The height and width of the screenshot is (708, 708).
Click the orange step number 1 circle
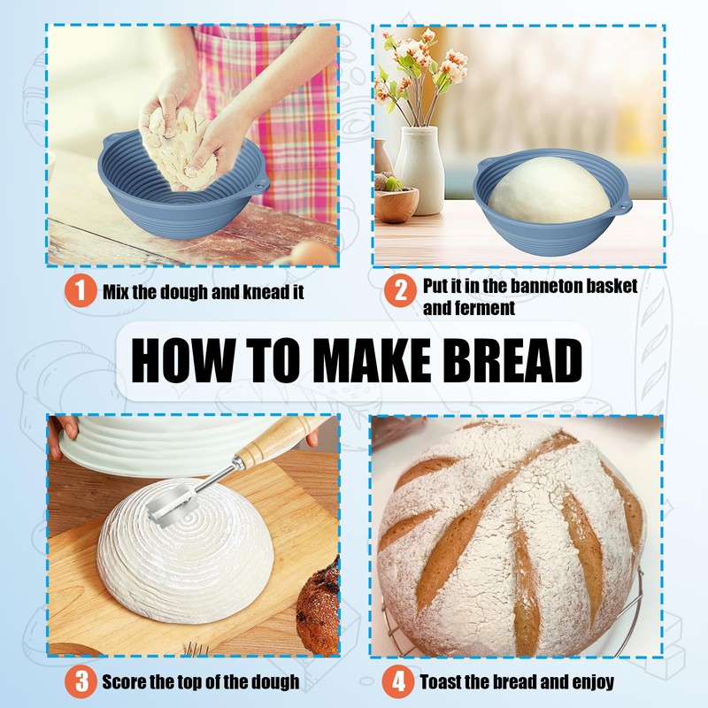(x=80, y=291)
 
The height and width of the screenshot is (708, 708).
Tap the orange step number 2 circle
(x=399, y=291)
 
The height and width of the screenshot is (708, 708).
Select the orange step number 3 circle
(x=81, y=681)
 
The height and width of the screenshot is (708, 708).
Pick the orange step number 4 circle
(x=399, y=681)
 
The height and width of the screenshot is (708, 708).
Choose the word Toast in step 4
(x=440, y=682)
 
